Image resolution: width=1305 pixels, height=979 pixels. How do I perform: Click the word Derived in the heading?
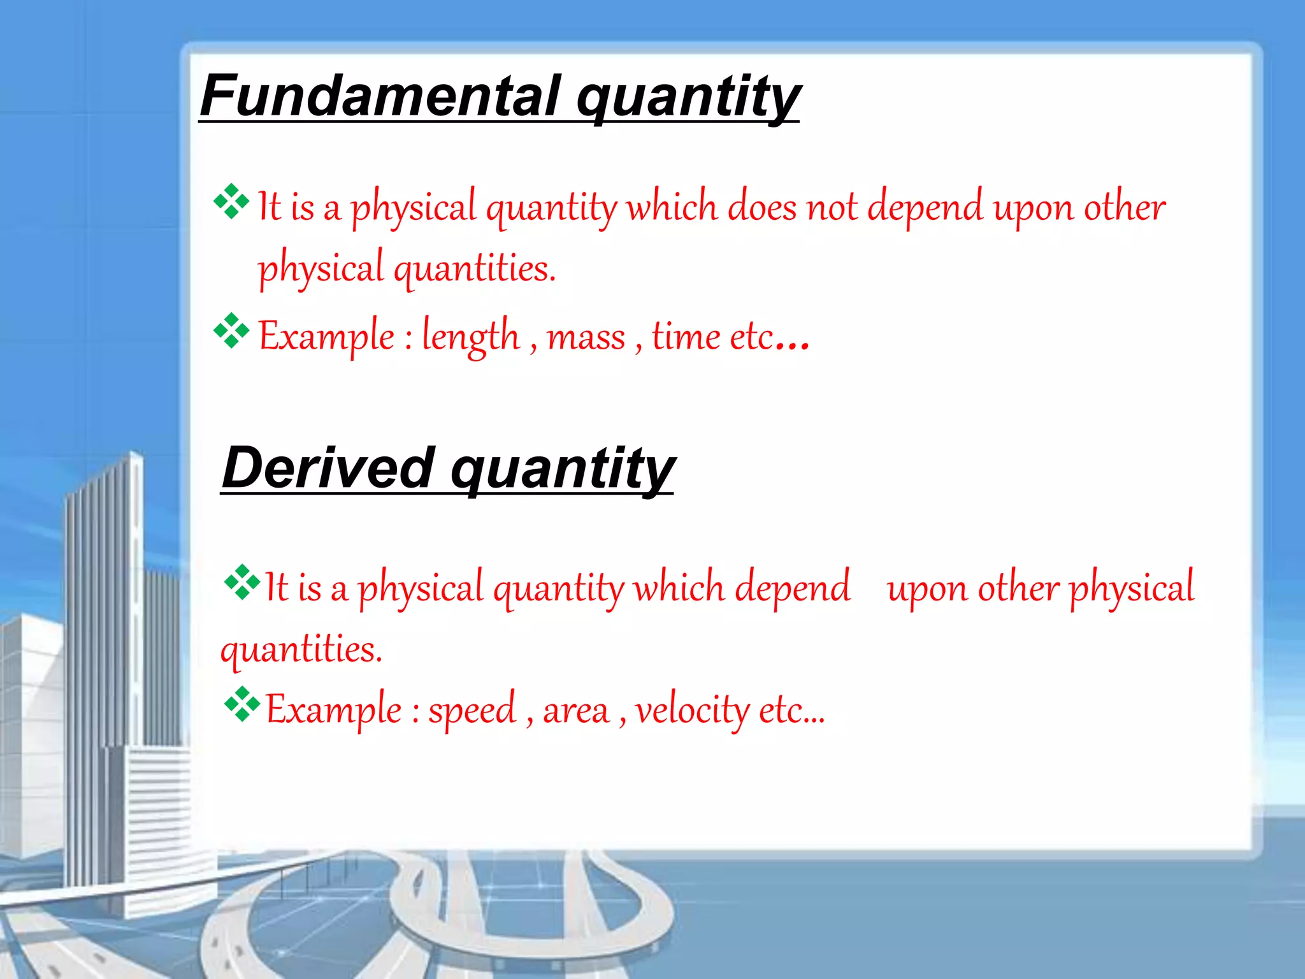pos(329,468)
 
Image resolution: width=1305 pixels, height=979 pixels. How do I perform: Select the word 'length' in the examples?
pos(470,336)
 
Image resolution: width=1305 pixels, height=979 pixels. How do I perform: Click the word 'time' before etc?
pos(685,336)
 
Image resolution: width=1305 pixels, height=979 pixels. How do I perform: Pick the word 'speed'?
pos(472,709)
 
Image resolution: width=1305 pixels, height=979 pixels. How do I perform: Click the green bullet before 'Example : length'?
pos(231,331)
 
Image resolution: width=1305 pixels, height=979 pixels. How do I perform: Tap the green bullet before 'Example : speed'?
pos(242,704)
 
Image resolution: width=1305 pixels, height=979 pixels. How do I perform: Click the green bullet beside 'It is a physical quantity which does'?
pos(231,201)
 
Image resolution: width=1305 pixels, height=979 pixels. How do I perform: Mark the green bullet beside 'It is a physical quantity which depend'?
pos(242,582)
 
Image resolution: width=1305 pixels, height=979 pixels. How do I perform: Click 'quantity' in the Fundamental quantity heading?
pos(688,97)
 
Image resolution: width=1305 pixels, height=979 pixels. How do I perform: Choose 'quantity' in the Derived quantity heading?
pos(562,469)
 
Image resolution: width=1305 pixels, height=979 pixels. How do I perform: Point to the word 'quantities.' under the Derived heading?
pos(301,649)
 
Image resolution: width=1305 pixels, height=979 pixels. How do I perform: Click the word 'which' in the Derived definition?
pos(679,587)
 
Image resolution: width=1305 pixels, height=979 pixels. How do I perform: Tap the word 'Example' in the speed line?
pos(333,709)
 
